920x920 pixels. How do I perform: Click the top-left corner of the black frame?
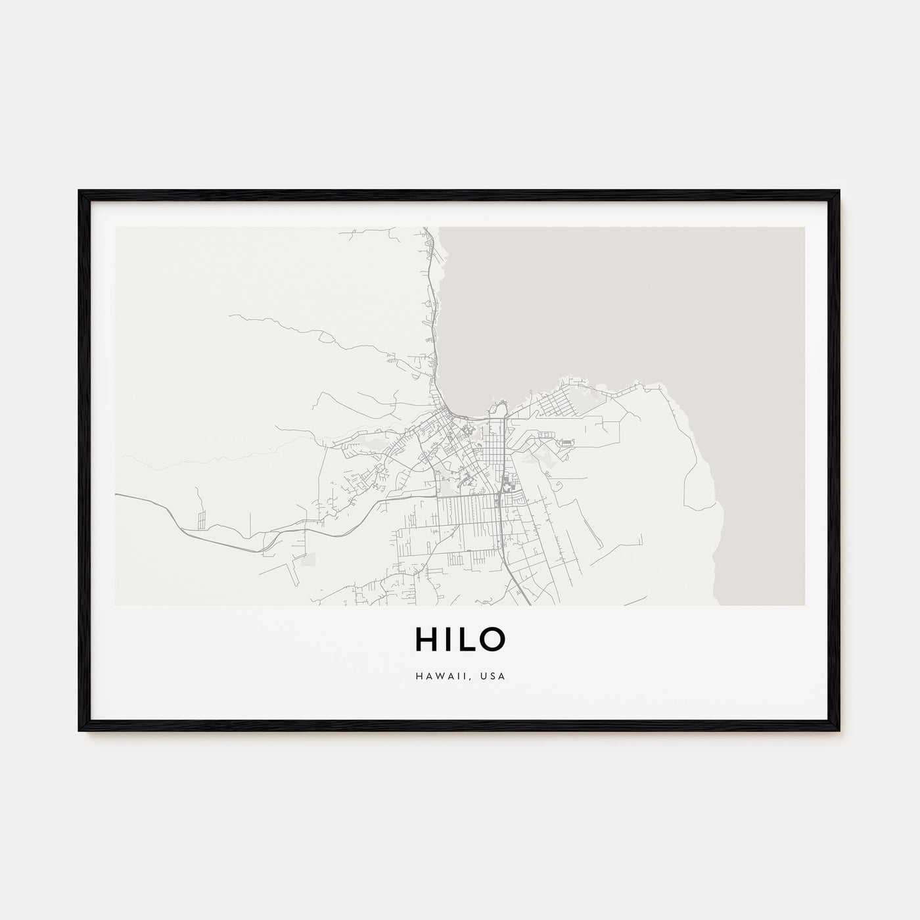[x=80, y=192]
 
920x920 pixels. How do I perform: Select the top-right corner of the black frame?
[x=839, y=192]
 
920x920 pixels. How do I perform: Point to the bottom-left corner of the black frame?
[x=80, y=729]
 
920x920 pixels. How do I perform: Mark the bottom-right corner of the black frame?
[x=839, y=729]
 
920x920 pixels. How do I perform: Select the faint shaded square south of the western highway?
[x=308, y=559]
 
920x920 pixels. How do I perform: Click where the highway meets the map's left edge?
[x=117, y=494]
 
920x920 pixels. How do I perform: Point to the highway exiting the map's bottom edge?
[x=529, y=603]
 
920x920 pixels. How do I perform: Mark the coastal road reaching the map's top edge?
[x=425, y=229]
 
